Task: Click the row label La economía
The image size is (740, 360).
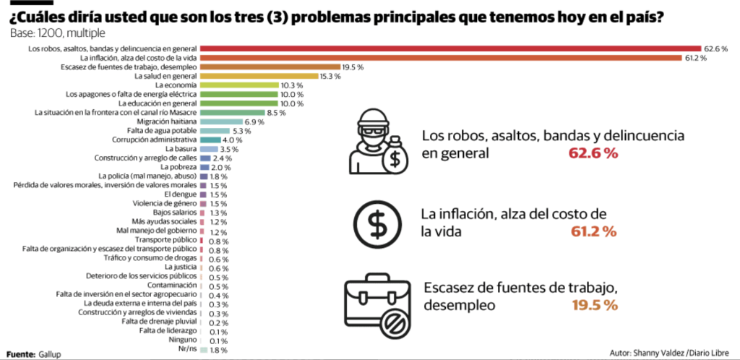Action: (176, 85)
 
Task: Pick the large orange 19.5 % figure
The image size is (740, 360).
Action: (594, 305)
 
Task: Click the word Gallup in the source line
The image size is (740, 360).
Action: (50, 354)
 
